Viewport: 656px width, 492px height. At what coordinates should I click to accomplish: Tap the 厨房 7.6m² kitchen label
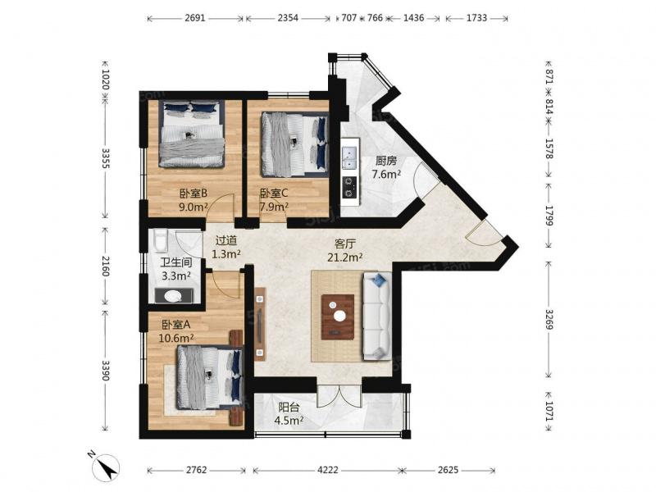pos(385,167)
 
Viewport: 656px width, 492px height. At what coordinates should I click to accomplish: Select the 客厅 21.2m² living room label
pos(344,250)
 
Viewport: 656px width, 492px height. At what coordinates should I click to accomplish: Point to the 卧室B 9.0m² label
pos(194,199)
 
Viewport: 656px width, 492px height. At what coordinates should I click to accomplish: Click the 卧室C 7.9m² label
pos(274,199)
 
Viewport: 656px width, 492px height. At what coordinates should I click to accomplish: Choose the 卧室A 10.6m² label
pos(176,331)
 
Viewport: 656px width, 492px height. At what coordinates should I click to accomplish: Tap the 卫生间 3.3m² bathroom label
pos(176,269)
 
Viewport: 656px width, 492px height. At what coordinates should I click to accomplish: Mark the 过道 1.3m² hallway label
pos(226,247)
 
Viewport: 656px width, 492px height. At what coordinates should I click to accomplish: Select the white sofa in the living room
pos(377,316)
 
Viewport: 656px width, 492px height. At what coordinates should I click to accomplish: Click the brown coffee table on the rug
pos(338,317)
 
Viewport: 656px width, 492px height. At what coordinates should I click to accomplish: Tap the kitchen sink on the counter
pos(349,157)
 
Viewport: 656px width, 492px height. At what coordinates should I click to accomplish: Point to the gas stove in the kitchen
pos(349,187)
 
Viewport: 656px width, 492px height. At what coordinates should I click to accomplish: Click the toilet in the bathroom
pos(160,241)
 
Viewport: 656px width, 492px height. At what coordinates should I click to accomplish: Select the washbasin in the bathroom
pos(172,296)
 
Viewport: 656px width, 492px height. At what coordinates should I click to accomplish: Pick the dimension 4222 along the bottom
pos(327,470)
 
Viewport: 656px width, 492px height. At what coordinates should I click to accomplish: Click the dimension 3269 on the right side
pos(549,320)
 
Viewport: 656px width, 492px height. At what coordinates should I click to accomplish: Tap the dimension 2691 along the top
pos(195,18)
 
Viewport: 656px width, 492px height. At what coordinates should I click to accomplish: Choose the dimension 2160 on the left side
pos(105,266)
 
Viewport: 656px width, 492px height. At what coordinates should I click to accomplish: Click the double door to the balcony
pos(339,396)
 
